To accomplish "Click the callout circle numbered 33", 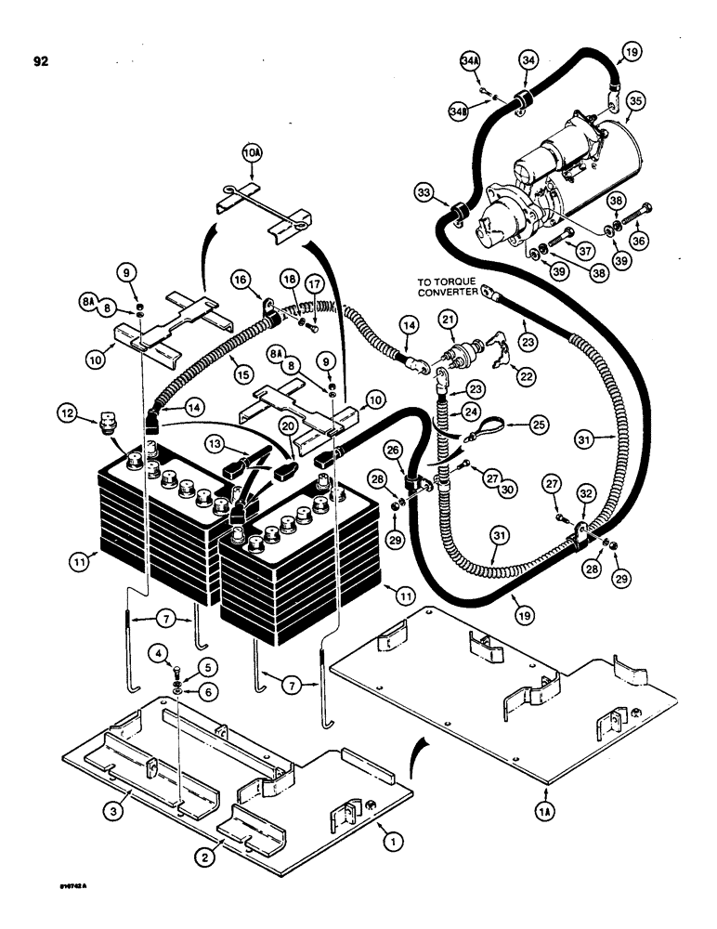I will click(426, 193).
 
